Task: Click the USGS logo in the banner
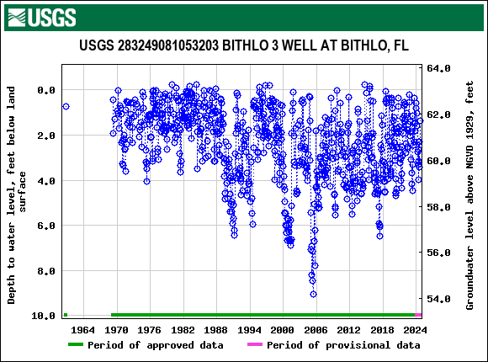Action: click(x=40, y=16)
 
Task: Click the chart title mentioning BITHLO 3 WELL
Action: click(x=244, y=45)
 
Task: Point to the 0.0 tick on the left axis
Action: click(x=44, y=90)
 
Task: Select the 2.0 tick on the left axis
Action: click(x=44, y=136)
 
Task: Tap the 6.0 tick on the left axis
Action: click(x=44, y=226)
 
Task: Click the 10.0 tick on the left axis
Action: click(x=41, y=316)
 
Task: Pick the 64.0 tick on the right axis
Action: click(x=441, y=68)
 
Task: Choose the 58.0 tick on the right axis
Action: click(x=441, y=206)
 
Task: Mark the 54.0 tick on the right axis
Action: click(x=441, y=299)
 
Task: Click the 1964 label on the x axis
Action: click(x=83, y=329)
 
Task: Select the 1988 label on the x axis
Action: click(x=215, y=329)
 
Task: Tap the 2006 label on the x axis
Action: click(x=316, y=329)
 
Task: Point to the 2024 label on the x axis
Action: click(x=412, y=329)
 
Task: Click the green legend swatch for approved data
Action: click(x=76, y=345)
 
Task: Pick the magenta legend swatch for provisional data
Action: click(x=254, y=345)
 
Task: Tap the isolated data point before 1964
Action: click(x=66, y=106)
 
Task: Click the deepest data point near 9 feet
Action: click(x=313, y=294)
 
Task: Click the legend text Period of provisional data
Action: click(x=343, y=345)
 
